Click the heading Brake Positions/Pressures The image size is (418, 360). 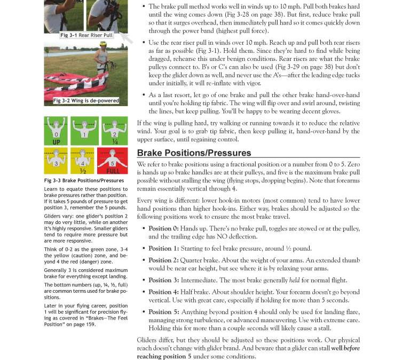(x=194, y=153)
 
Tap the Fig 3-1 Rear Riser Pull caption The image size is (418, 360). (x=86, y=35)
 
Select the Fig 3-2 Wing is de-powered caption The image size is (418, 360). (x=86, y=100)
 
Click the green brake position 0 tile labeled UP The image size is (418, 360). (x=57, y=130)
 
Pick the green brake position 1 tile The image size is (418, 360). (x=85, y=130)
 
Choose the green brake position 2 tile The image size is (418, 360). (x=114, y=130)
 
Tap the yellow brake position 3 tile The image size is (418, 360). (x=57, y=160)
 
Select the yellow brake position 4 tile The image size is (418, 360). (x=83, y=160)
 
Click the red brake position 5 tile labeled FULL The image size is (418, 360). (x=112, y=160)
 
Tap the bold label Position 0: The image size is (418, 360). (x=164, y=228)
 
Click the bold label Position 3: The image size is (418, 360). (x=164, y=280)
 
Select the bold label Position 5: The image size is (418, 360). (x=164, y=312)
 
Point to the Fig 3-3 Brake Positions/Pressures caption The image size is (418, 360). (x=84, y=180)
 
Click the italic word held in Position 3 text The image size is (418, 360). (x=294, y=280)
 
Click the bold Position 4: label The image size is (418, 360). (x=164, y=292)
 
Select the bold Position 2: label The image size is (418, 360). (x=164, y=260)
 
